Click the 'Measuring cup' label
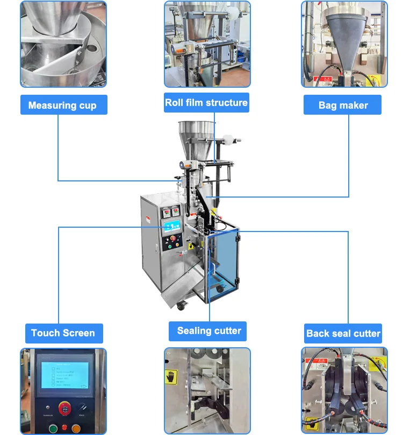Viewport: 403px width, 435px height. pyautogui.click(x=63, y=105)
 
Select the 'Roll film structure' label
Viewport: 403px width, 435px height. pyautogui.click(x=206, y=102)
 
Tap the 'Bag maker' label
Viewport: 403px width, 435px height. pyautogui.click(x=343, y=105)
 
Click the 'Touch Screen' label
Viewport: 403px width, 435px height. pyautogui.click(x=63, y=333)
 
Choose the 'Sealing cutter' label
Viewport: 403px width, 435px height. pyautogui.click(x=209, y=331)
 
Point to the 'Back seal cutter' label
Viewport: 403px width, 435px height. pyautogui.click(x=343, y=333)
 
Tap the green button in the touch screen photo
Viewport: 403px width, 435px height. pyautogui.click(x=53, y=429)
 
